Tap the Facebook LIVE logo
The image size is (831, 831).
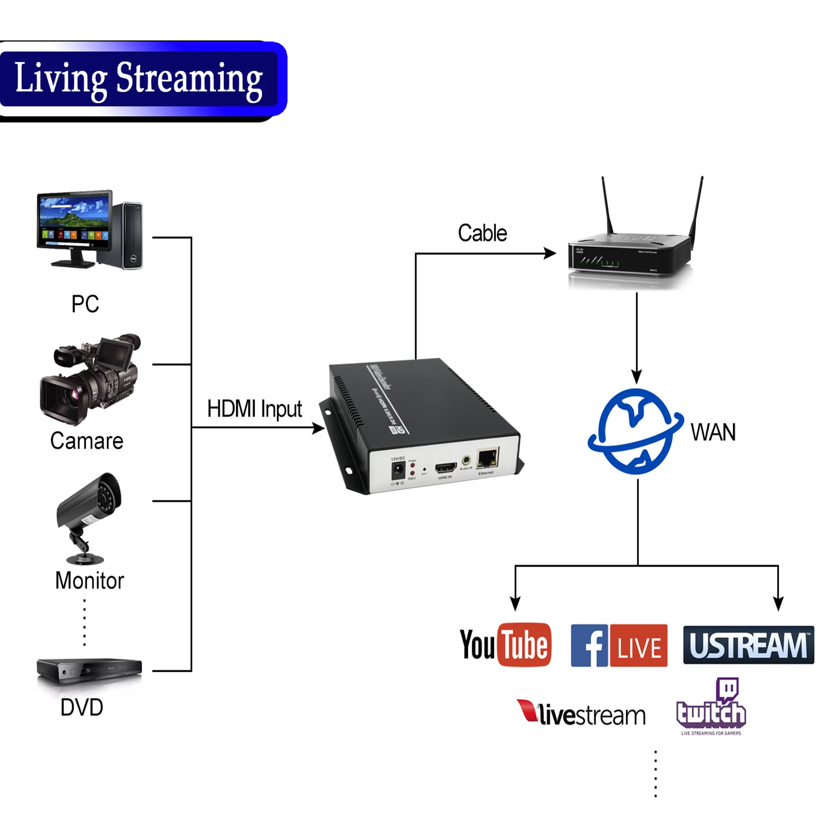(x=619, y=645)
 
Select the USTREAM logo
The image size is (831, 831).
(x=748, y=645)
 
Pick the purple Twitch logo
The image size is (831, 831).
(x=711, y=706)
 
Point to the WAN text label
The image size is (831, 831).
(x=713, y=432)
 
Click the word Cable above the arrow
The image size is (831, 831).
(x=482, y=233)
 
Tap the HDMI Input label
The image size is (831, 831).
(x=254, y=408)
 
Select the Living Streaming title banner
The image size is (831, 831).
(x=138, y=79)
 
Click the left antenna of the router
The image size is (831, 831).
(x=607, y=206)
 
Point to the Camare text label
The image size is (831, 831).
(x=86, y=441)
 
